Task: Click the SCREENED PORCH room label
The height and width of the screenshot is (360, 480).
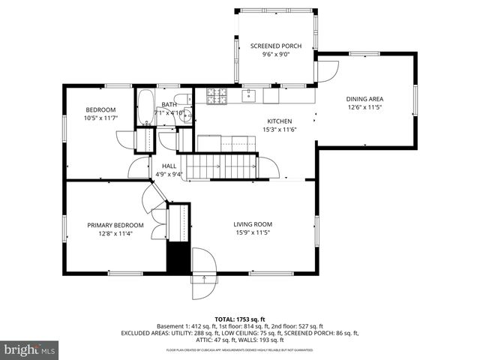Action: tap(276, 46)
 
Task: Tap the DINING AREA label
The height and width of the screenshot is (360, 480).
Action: tap(365, 99)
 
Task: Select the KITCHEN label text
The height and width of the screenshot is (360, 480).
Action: tap(280, 121)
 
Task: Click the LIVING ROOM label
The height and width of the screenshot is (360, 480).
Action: tap(252, 224)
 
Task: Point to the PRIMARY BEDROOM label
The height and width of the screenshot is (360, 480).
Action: tap(115, 225)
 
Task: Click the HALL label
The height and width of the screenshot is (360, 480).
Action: tap(169, 166)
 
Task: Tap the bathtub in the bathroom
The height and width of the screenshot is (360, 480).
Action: tap(145, 108)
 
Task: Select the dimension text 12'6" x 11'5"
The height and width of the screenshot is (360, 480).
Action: tap(365, 107)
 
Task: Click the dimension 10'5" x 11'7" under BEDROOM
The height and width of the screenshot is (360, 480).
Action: tap(100, 118)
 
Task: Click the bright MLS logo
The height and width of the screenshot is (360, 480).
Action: tap(30, 349)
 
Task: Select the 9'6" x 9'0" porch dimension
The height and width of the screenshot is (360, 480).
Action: tap(276, 55)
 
